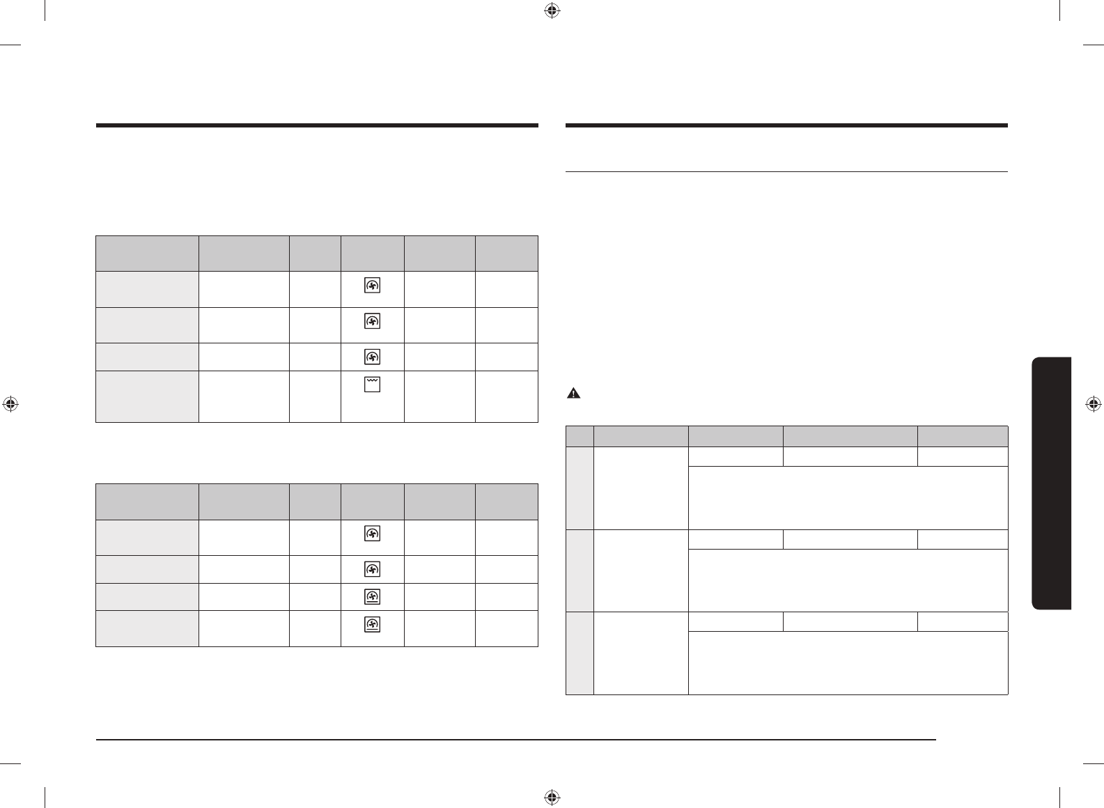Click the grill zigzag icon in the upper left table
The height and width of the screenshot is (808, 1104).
pos(373,384)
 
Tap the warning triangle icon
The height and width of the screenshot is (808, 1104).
pos(573,394)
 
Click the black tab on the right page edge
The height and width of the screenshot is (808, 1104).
pos(1052,483)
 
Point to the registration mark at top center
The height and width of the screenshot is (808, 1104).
pos(552,10)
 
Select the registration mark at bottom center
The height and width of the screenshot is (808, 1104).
pos(552,797)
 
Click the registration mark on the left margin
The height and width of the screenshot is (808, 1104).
pos(10,404)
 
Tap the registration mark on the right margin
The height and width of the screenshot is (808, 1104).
pos(1093,404)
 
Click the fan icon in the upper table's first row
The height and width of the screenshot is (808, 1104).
pos(373,286)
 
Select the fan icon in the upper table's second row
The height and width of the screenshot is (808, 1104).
pos(373,321)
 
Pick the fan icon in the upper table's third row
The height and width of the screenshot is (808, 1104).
pos(373,357)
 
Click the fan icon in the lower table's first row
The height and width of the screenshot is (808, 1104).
pos(373,534)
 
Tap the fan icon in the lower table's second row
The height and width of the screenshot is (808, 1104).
pos(373,569)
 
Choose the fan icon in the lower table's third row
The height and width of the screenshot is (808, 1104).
pos(373,597)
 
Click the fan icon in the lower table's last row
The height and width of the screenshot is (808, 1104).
pos(373,624)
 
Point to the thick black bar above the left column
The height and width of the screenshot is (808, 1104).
pos(317,126)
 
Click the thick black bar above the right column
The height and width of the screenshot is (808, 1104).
pos(787,126)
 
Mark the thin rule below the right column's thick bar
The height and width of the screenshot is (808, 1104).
pos(787,171)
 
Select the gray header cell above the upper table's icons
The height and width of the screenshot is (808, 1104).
pos(373,253)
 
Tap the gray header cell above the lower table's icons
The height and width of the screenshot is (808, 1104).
pos(373,501)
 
